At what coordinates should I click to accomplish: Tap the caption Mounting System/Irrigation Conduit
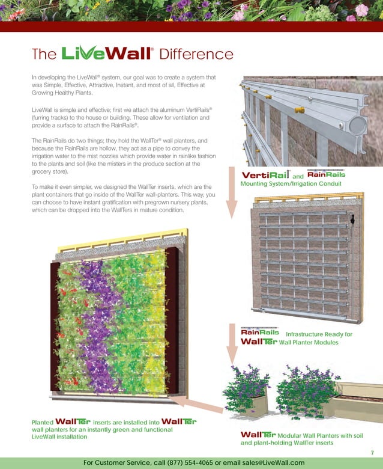tap(291, 183)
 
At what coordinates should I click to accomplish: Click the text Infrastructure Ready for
tap(319, 334)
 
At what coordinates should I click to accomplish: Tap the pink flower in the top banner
tap(361, 10)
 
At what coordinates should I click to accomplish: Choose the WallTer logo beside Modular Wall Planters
tap(258, 435)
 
